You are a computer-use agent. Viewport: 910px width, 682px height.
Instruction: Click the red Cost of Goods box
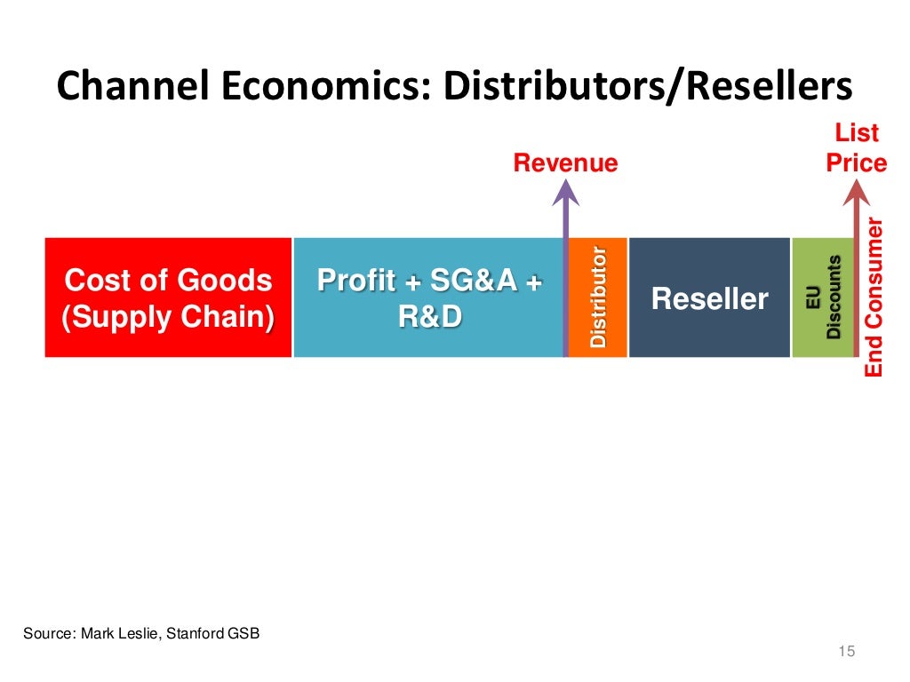tap(168, 297)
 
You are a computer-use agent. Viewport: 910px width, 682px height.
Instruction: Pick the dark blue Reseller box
tap(709, 297)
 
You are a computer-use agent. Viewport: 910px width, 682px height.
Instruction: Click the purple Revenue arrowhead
tap(565, 191)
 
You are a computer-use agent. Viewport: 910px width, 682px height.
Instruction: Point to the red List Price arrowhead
tap(857, 191)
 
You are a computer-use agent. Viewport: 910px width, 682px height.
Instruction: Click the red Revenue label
tap(565, 163)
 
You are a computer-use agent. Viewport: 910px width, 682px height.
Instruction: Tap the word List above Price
tap(857, 134)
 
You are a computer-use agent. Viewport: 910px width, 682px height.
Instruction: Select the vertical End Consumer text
tap(875, 297)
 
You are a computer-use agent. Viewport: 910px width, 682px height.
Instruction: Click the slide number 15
tap(846, 653)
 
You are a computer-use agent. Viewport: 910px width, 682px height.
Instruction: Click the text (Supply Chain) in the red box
tap(168, 317)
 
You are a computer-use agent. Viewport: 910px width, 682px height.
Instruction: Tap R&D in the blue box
tap(430, 317)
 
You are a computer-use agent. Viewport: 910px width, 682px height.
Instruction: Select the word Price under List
tap(857, 163)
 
